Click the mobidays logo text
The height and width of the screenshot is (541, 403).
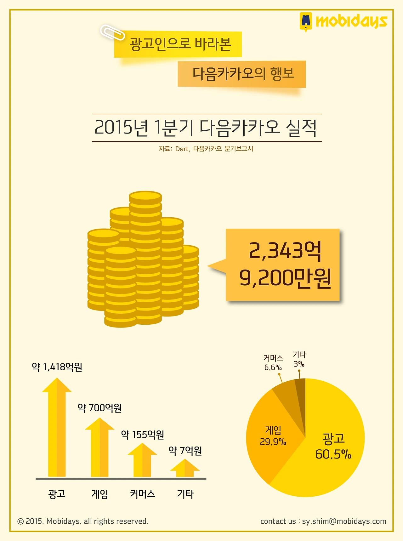coord(351,21)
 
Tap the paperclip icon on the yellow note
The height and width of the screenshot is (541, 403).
coord(112,32)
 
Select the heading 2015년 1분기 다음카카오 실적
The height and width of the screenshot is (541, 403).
coord(206,128)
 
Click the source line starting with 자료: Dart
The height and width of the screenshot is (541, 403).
coord(206,149)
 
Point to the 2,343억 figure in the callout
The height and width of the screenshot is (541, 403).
coord(285,251)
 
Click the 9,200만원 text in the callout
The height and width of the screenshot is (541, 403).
coord(285,278)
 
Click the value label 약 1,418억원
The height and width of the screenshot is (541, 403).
coord(57,367)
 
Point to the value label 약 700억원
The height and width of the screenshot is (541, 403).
coord(99,408)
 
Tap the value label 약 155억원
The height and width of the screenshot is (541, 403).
coord(142,435)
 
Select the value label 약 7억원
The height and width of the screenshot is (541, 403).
coord(185,451)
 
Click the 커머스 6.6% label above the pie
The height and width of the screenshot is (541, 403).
coord(273,363)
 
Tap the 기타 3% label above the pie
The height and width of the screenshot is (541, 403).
coord(299,359)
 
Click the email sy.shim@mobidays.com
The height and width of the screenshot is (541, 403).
coord(344,521)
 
